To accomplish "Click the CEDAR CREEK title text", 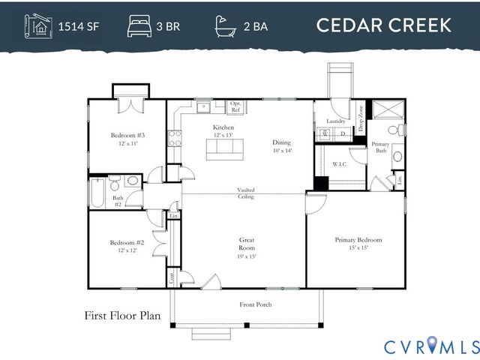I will (383, 25).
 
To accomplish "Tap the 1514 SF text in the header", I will (79, 26).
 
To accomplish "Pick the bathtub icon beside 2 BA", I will (225, 25).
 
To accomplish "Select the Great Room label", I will (247, 244).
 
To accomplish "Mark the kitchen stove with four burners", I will (174, 137).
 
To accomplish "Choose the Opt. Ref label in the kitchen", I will (235, 106).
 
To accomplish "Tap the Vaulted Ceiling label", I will (245, 193).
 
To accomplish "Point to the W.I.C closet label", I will (338, 163).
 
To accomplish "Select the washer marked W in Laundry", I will (325, 135).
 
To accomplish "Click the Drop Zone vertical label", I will (361, 118).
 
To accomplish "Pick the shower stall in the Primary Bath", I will (387, 109).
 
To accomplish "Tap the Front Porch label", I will (255, 304).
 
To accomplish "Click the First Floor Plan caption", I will (122, 316).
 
